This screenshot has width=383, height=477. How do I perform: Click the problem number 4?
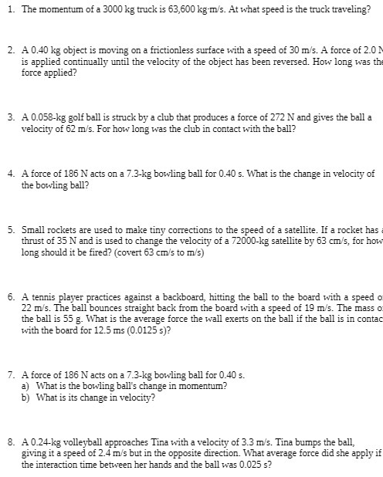[10, 174]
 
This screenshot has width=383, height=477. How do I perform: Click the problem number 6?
[10, 296]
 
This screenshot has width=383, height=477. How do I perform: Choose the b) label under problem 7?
[25, 397]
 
